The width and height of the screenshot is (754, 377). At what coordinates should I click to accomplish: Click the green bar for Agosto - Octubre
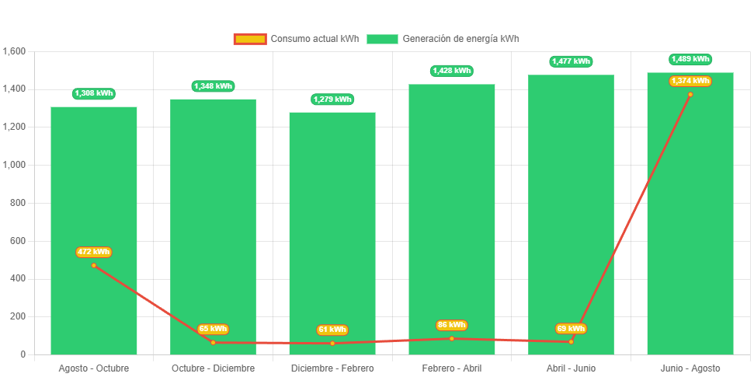click(94, 194)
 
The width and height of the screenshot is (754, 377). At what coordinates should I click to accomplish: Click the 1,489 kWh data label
click(690, 59)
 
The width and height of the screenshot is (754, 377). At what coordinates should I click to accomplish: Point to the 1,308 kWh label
click(94, 93)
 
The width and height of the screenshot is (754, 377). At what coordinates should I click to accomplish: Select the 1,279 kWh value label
click(332, 99)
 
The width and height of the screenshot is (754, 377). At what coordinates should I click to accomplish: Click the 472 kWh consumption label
click(94, 252)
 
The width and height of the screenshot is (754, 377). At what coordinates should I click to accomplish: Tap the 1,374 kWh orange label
click(690, 81)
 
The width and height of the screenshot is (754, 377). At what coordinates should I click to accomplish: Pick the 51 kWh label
click(332, 330)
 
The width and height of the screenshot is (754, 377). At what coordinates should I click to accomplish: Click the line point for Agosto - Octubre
click(94, 265)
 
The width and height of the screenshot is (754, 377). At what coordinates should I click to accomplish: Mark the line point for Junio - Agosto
click(690, 95)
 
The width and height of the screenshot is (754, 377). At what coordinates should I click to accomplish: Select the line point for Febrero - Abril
click(452, 338)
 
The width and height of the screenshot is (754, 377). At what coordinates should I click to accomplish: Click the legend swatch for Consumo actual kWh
click(250, 39)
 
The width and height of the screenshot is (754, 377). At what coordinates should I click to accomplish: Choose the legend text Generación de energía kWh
click(461, 39)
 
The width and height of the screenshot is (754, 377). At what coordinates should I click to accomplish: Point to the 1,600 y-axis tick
click(15, 51)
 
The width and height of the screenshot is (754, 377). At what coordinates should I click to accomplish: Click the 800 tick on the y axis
click(19, 203)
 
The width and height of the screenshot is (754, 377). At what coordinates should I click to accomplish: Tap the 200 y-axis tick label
click(19, 316)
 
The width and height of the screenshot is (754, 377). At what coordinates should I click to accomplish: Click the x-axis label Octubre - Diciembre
click(213, 368)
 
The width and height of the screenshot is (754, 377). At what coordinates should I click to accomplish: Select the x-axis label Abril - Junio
click(571, 368)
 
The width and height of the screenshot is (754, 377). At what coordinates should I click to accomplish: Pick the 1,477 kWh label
click(571, 61)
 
